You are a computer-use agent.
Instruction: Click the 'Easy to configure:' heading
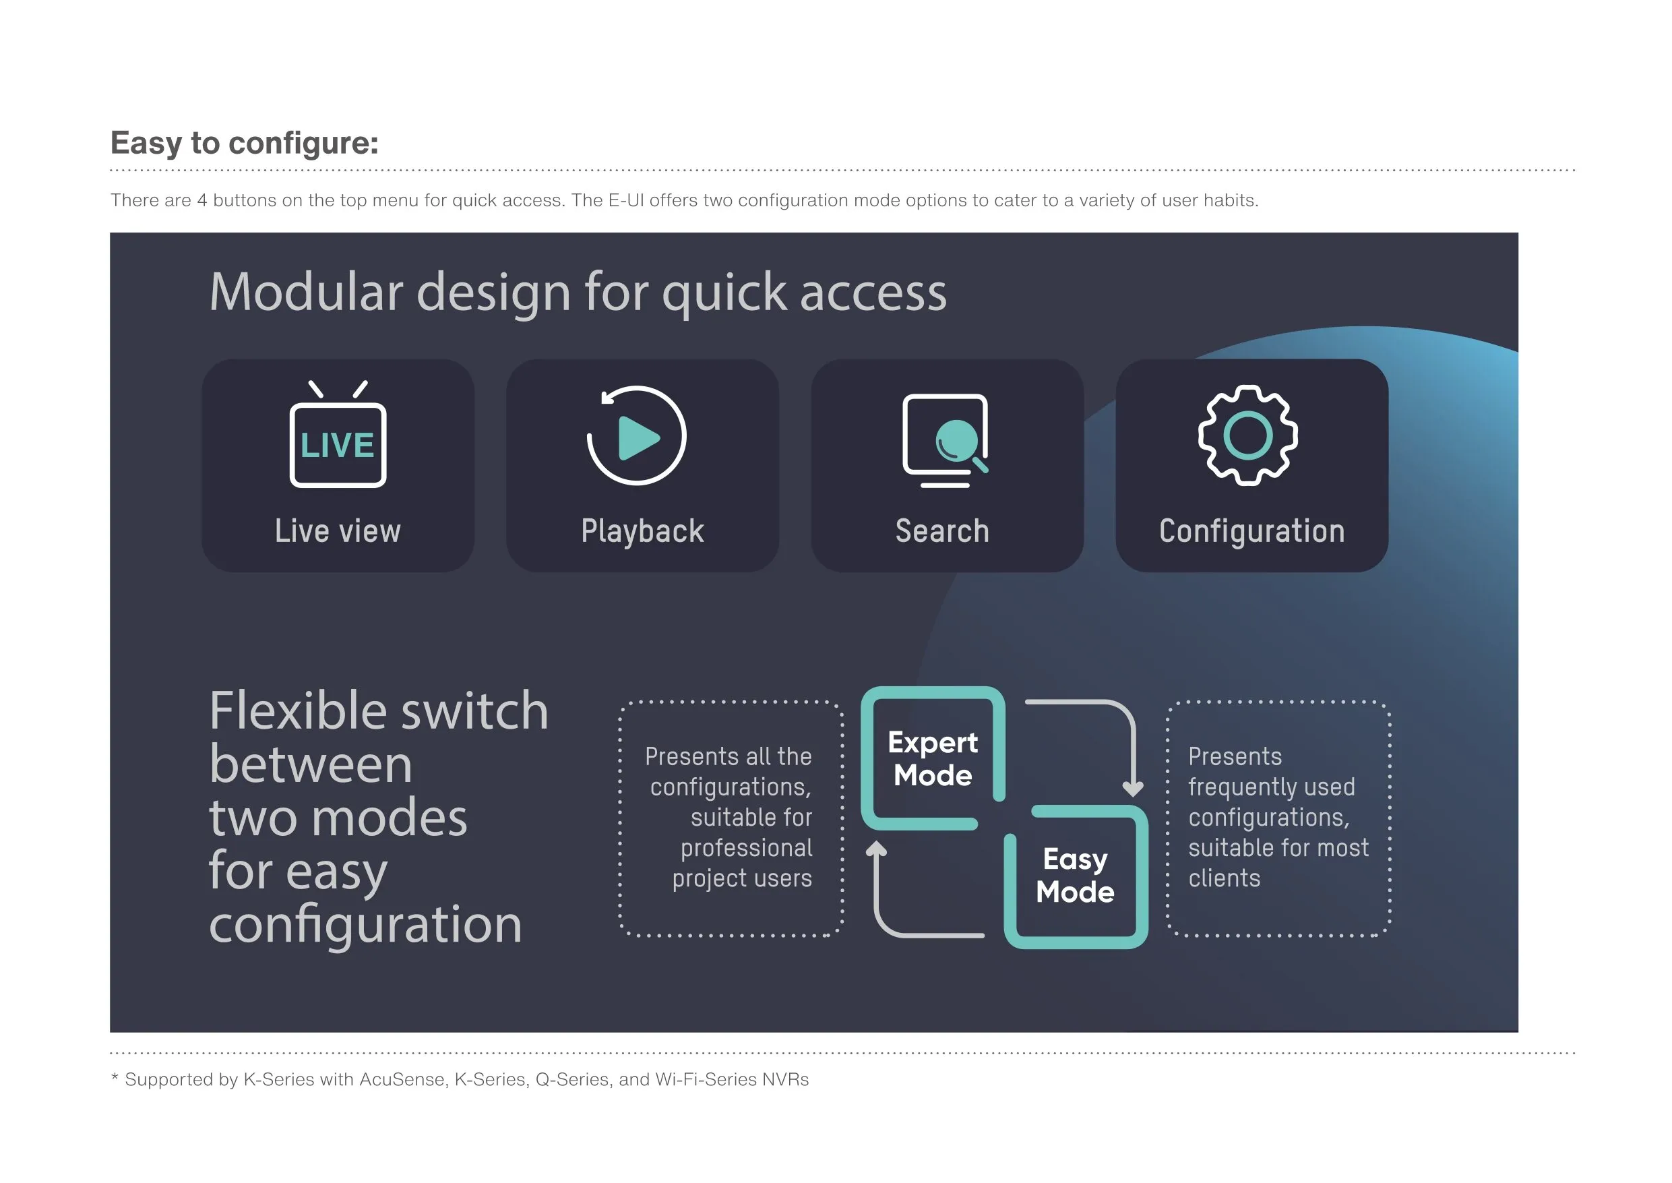click(244, 144)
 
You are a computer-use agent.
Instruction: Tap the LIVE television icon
click(338, 434)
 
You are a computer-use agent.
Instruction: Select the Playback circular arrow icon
click(636, 435)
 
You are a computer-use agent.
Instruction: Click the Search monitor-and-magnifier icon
click(946, 441)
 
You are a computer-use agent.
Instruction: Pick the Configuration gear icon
click(1248, 435)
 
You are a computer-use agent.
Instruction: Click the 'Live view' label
click(338, 531)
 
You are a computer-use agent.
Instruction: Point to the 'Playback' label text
click(642, 532)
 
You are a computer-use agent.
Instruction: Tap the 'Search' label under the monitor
click(942, 531)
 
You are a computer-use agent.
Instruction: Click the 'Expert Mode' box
click(933, 758)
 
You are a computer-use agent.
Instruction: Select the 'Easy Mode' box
click(1076, 876)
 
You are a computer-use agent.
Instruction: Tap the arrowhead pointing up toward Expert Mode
click(876, 849)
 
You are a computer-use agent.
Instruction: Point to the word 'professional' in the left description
click(747, 849)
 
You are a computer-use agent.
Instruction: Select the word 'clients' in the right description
click(1224, 878)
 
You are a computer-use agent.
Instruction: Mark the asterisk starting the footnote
click(115, 1076)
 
